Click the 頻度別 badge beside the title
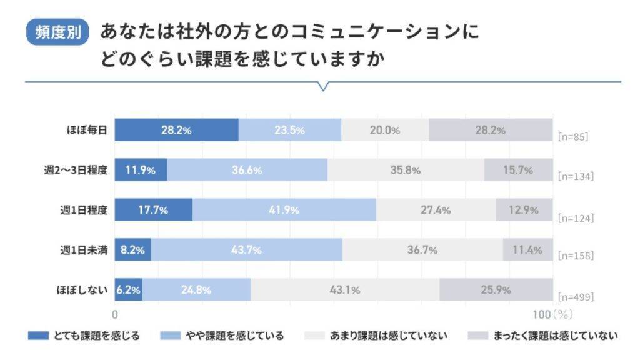[57, 32]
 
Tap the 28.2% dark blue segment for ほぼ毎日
[176, 130]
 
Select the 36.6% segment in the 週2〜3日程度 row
[247, 170]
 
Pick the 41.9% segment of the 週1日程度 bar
[284, 210]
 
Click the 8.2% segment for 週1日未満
[132, 250]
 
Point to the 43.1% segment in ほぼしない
[344, 290]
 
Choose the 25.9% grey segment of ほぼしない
[496, 290]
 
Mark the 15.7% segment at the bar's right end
[518, 170]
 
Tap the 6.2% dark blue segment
[128, 290]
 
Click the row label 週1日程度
[83, 210]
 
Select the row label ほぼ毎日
[87, 130]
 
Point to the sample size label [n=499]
[576, 297]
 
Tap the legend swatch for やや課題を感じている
[170, 336]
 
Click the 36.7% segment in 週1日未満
[422, 250]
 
